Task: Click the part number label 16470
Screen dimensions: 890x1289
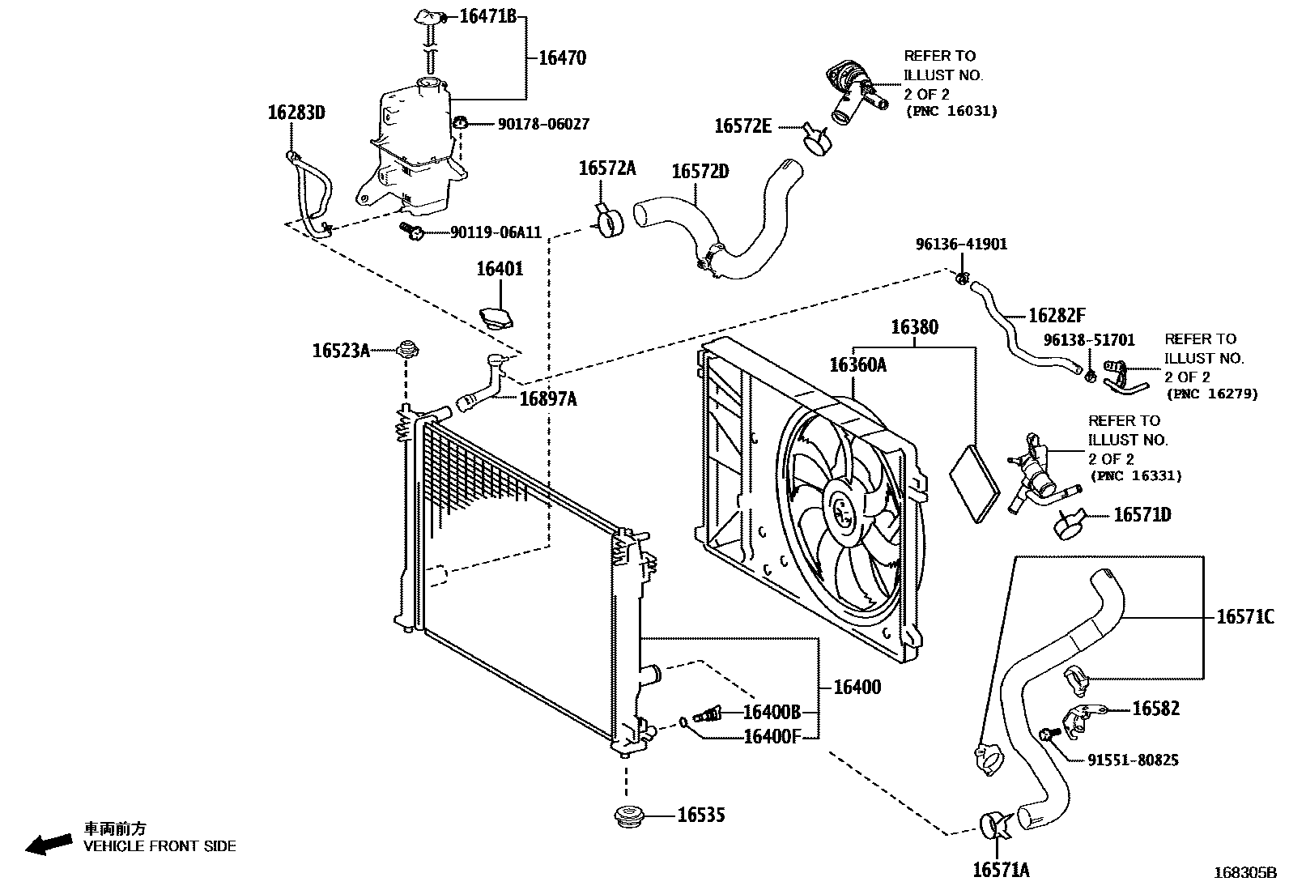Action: point(562,57)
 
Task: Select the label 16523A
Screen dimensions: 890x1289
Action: point(341,350)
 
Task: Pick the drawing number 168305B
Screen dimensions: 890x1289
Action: point(1244,873)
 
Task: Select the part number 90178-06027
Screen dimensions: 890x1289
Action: point(543,124)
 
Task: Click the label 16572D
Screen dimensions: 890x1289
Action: point(700,171)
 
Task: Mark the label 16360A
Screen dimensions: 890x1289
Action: point(857,365)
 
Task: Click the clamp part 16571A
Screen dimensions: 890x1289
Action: point(994,825)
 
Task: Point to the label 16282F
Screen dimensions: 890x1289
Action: point(1057,316)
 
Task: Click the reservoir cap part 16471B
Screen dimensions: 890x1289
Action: point(430,17)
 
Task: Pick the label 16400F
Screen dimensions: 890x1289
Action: point(771,736)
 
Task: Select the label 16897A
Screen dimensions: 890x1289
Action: point(547,398)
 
